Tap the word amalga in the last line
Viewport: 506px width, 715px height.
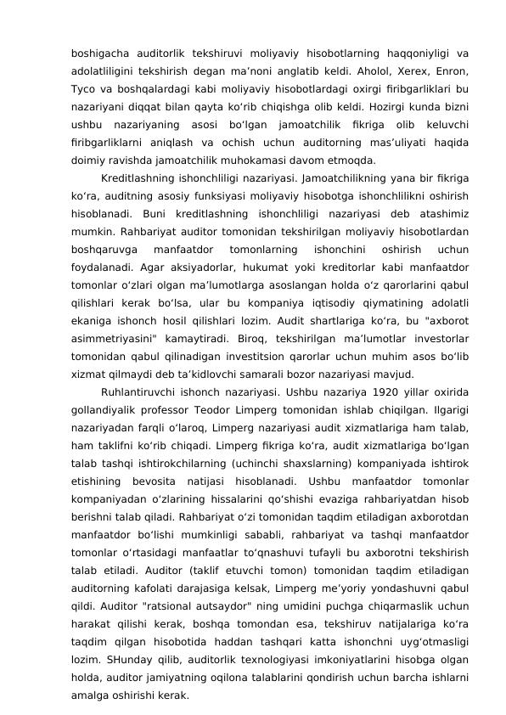[91, 673]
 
